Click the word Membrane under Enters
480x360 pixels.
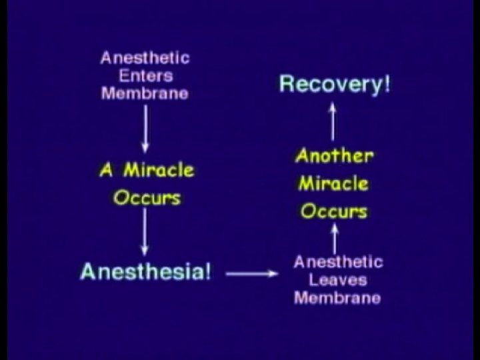click(x=144, y=93)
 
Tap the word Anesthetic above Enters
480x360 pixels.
click(x=144, y=58)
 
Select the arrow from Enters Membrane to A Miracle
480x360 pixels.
click(x=145, y=127)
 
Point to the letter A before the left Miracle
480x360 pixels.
click(x=106, y=171)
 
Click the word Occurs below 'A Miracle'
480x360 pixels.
click(x=146, y=197)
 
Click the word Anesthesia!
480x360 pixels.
click(x=145, y=272)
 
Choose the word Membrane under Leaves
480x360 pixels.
click(x=337, y=297)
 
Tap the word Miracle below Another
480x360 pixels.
click(x=333, y=184)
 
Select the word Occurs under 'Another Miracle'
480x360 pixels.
click(x=333, y=212)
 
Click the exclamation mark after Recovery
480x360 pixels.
click(x=385, y=85)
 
